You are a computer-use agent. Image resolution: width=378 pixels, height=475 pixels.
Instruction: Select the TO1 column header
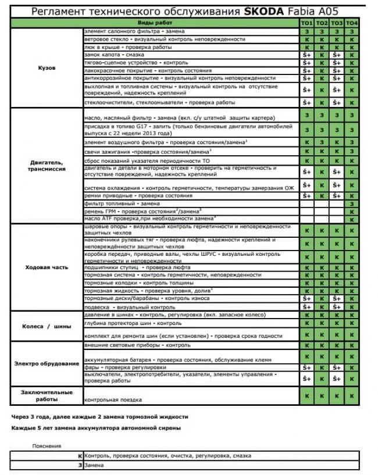click(x=306, y=22)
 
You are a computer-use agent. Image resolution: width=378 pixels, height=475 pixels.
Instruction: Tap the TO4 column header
click(x=352, y=22)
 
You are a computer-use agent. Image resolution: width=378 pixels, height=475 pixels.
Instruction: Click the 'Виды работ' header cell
click(x=191, y=22)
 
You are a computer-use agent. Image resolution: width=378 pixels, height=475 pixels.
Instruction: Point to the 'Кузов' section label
click(x=47, y=67)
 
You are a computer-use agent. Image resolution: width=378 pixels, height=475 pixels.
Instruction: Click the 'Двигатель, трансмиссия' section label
click(x=47, y=165)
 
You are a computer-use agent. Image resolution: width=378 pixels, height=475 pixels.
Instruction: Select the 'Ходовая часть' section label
click(x=47, y=267)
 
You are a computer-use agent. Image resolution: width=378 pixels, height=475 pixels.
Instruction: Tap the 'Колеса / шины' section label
click(x=47, y=326)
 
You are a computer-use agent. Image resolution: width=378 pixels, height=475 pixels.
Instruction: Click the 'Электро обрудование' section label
click(x=47, y=364)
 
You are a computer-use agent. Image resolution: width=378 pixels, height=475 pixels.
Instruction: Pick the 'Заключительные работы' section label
click(x=47, y=395)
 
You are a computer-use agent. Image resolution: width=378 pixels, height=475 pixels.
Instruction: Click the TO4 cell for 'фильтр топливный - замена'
click(x=352, y=203)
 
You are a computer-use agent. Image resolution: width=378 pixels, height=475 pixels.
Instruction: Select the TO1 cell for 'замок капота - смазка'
click(x=306, y=55)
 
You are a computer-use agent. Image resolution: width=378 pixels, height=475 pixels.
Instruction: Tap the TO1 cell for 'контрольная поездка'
click(x=306, y=395)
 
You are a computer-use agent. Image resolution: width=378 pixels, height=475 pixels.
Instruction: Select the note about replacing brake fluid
click(x=99, y=417)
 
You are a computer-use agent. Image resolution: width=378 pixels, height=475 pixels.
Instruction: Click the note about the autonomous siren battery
click(x=96, y=428)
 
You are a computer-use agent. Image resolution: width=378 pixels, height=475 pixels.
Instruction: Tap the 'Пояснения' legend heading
click(x=47, y=446)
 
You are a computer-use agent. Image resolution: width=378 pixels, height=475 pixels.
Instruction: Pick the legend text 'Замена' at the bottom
click(x=95, y=465)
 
